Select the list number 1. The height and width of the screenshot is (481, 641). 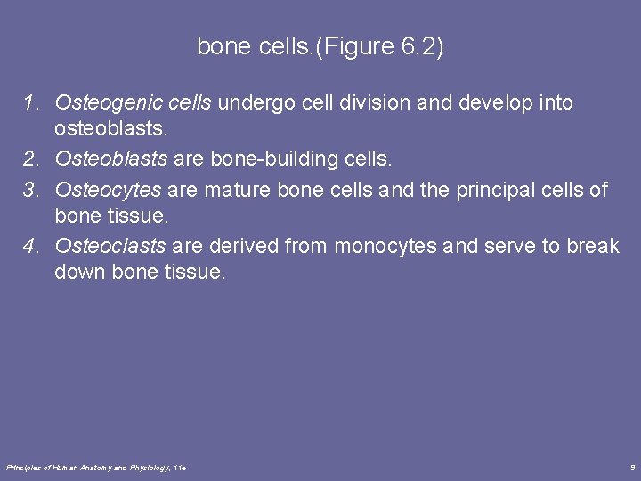pos(30,103)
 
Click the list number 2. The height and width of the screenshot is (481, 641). pos(30,159)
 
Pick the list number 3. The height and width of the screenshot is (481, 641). pos(30,188)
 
